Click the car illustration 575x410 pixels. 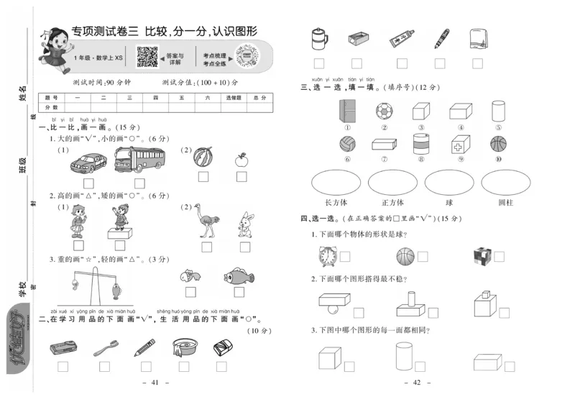coord(88,163)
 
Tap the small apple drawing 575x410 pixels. coord(241,159)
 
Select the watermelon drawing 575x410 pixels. coord(203,158)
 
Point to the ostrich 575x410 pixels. coord(208,222)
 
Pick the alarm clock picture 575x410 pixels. coord(327,255)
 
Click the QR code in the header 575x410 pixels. coord(147,55)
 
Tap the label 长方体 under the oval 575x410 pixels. coord(336,202)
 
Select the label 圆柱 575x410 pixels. coord(506,202)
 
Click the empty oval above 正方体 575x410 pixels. coord(392,183)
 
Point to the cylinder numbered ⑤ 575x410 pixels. coord(497,110)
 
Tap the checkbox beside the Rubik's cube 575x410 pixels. coord(499,256)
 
